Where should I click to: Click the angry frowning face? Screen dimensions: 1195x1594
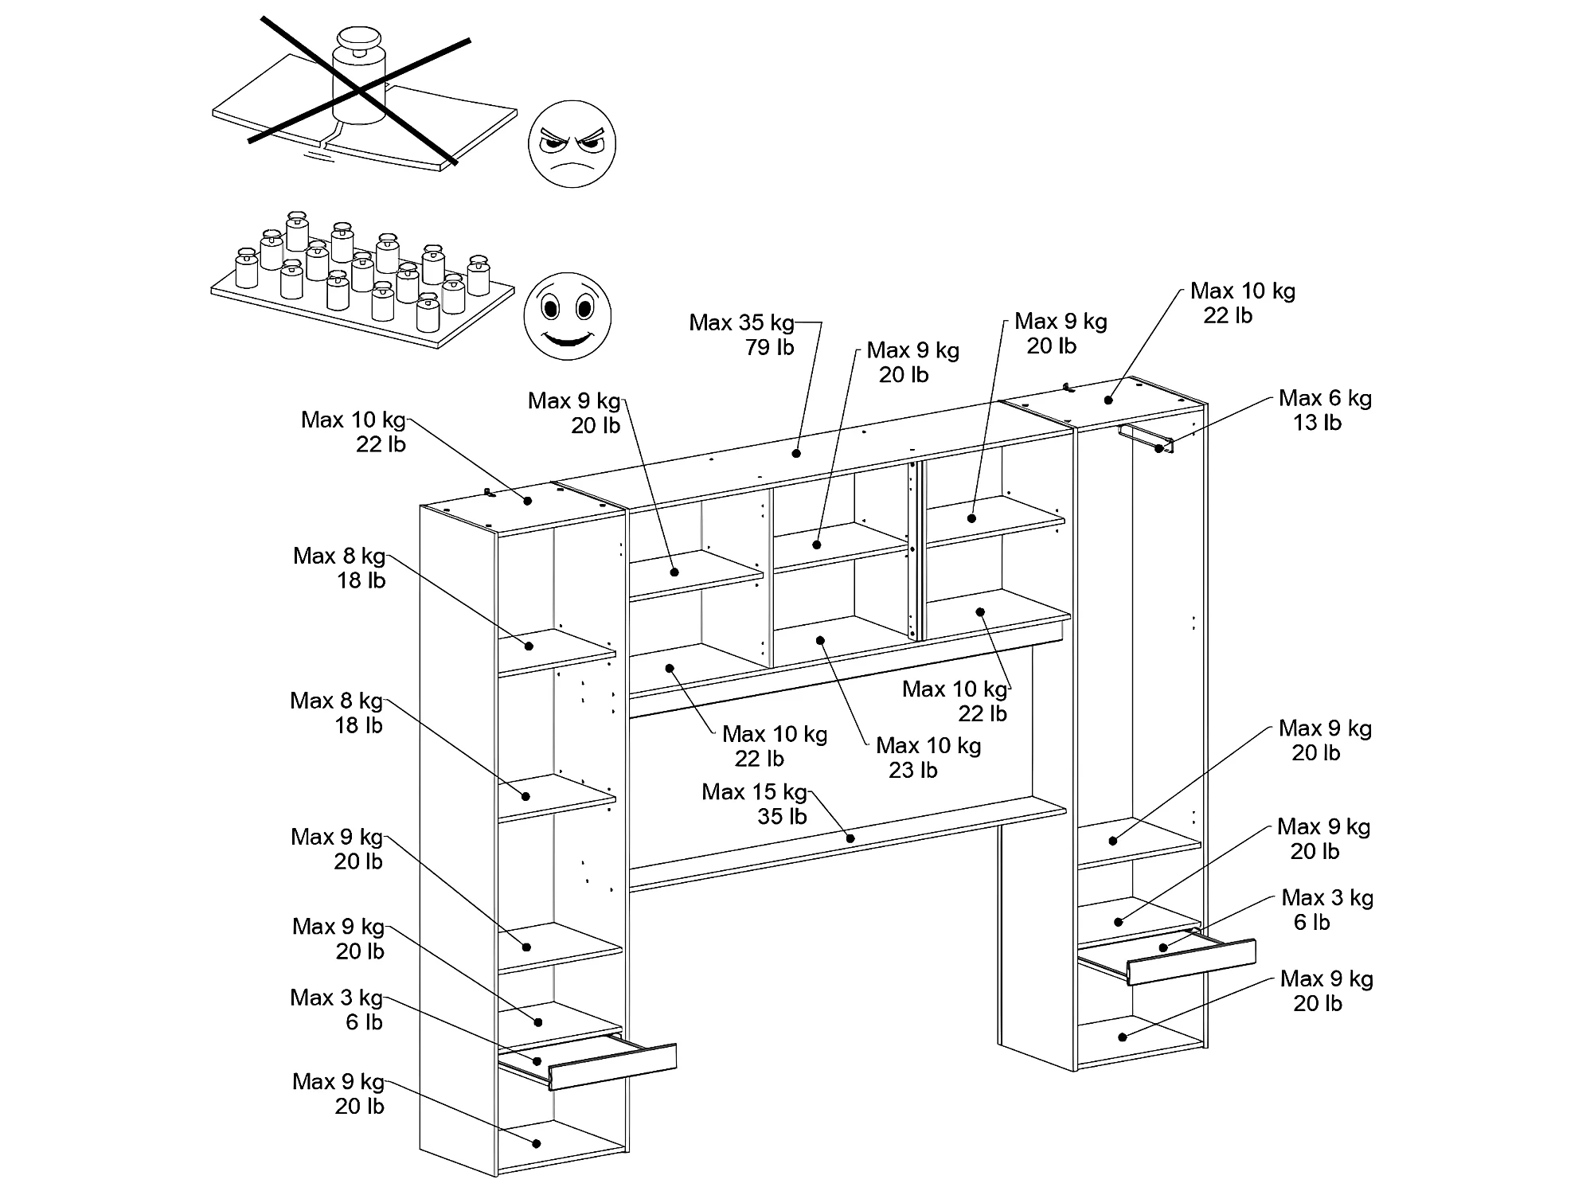pos(572,144)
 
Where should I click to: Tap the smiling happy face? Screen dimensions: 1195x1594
pos(567,316)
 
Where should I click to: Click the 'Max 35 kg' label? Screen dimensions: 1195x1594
pos(741,322)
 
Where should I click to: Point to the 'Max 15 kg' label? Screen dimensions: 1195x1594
pos(754,792)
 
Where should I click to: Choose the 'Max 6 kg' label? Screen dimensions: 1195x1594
pos(1325,398)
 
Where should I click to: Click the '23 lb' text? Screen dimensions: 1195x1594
pos(912,771)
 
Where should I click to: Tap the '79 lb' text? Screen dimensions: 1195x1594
pos(769,347)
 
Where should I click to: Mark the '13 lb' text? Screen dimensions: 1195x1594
pos(1317,423)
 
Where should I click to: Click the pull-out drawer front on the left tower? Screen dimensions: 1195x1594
pos(612,1066)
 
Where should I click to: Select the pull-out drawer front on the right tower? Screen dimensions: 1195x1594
pos(1191,962)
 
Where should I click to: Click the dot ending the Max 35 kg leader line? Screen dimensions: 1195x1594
pos(796,453)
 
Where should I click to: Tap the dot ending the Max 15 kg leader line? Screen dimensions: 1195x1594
pos(850,838)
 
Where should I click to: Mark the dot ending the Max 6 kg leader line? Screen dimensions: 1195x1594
pos(1158,449)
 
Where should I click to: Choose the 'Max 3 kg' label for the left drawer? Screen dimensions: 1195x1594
pos(336,998)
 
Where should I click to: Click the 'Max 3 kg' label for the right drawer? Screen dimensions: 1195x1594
pos(1327,898)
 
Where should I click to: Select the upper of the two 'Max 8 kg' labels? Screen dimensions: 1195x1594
pos(339,556)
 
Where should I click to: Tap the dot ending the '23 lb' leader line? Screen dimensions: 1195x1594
pos(821,640)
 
